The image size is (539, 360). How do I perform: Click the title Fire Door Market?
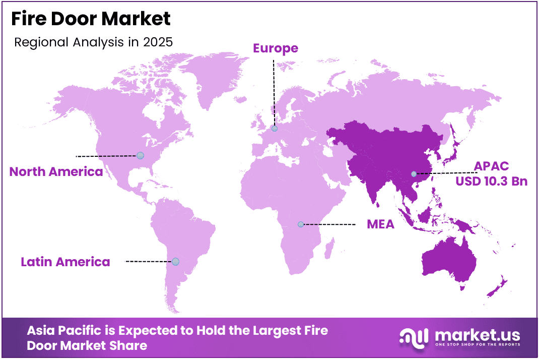pyautogui.click(x=91, y=19)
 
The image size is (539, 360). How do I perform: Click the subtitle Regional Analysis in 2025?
pyautogui.click(x=93, y=42)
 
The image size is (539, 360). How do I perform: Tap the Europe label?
pyautogui.click(x=276, y=48)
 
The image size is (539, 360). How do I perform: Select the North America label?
pyautogui.click(x=56, y=171)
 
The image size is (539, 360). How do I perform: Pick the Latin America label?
pyautogui.click(x=65, y=262)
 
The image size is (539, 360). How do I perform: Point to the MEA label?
pyautogui.click(x=380, y=224)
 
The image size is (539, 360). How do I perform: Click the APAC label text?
pyautogui.click(x=491, y=166)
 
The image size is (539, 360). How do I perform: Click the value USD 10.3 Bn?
pyautogui.click(x=492, y=181)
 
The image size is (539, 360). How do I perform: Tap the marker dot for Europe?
pyautogui.click(x=275, y=129)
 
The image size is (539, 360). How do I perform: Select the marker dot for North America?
pyautogui.click(x=140, y=156)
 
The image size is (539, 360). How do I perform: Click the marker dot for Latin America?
pyautogui.click(x=175, y=261)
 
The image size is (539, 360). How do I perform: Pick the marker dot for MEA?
pyautogui.click(x=301, y=224)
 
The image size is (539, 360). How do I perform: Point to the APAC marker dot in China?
pyautogui.click(x=414, y=174)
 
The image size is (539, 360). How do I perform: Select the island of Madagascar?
pyautogui.click(x=329, y=248)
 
